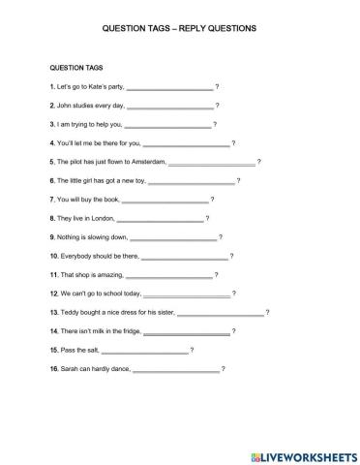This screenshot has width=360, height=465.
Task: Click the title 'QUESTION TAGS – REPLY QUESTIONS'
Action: pyautogui.click(x=179, y=30)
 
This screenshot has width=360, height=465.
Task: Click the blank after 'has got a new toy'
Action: pyautogui.click(x=192, y=181)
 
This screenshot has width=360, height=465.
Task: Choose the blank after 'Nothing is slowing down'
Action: pyautogui.click(x=173, y=237)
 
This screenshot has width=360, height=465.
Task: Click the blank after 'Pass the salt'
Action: pyautogui.click(x=144, y=350)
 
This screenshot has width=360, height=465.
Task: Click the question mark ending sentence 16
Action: pyautogui.click(x=224, y=369)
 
